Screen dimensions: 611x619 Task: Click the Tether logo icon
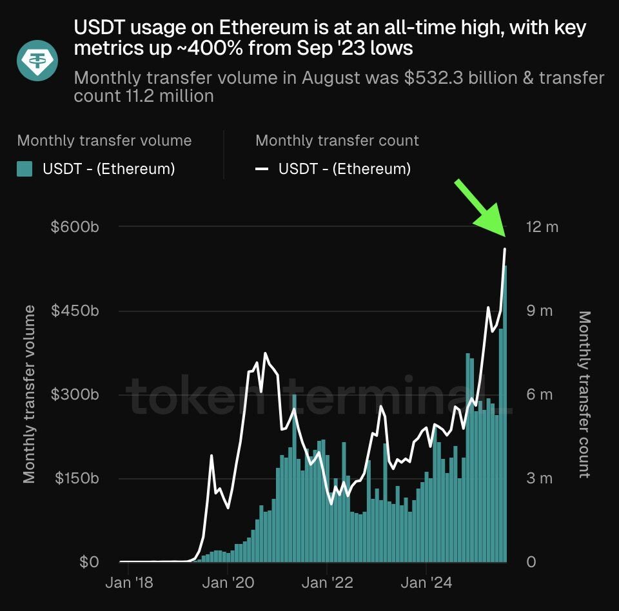[37, 60]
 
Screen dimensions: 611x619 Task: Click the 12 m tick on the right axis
[541, 227]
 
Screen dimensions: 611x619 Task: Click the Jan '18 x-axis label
[130, 583]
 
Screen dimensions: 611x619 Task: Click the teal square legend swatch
[25, 170]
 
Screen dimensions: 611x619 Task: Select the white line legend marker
[262, 170]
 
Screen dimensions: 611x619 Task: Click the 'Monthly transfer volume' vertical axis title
[30, 394]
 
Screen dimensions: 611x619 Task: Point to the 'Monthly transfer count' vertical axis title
[584, 394]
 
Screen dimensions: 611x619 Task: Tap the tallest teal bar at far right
[506, 412]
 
